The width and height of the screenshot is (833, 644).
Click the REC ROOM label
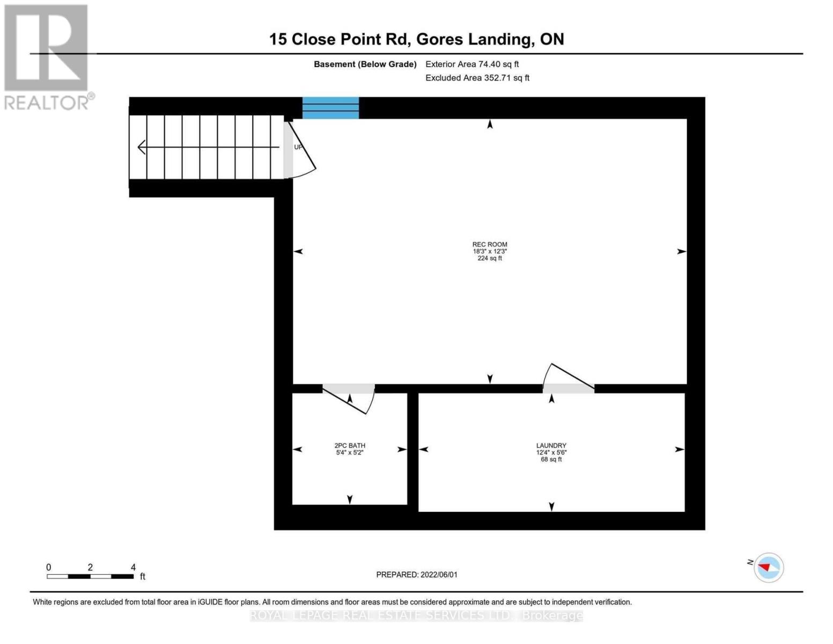coord(489,244)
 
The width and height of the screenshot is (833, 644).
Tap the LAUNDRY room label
coord(551,445)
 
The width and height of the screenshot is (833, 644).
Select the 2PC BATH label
coord(349,445)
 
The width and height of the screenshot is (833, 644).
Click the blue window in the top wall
coord(330,108)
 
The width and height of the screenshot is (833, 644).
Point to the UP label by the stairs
coord(298,147)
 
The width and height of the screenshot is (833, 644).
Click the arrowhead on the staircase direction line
coord(142,147)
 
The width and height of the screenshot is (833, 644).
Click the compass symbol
coord(768,567)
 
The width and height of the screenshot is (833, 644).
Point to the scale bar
coord(90,576)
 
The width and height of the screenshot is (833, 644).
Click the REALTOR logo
coord(47,57)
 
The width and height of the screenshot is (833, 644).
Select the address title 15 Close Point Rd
coord(416,39)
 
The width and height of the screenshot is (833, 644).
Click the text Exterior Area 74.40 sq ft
coord(472,64)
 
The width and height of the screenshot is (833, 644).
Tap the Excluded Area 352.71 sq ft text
coord(477,78)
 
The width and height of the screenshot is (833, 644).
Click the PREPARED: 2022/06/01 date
coord(417,575)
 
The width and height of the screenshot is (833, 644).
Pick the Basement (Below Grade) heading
coord(365,64)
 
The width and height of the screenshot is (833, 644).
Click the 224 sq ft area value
coord(489,258)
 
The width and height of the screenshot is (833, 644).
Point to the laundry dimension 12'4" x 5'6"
coord(551,452)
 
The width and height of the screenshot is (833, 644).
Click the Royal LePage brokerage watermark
coord(416,616)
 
